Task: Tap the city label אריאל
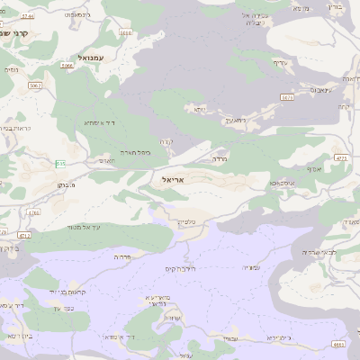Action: click(175, 180)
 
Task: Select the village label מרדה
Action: click(218, 159)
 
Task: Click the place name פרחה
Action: click(123, 256)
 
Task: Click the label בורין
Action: click(335, 6)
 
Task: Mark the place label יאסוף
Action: click(315, 168)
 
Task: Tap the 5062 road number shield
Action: click(36, 85)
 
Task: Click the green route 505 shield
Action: click(59, 163)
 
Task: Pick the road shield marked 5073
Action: click(287, 96)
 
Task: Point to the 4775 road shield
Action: click(341, 158)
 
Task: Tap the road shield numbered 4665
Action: click(337, 344)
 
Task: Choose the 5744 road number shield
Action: click(33, 213)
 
